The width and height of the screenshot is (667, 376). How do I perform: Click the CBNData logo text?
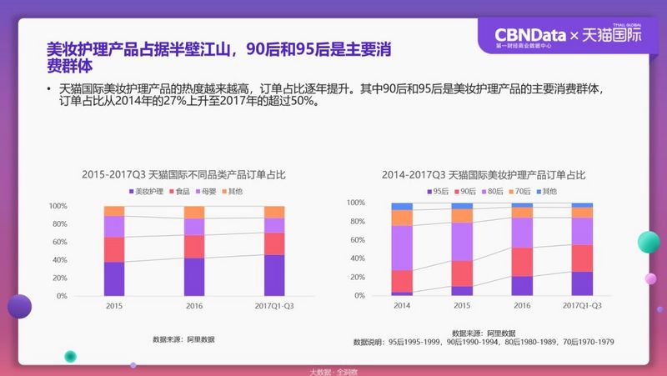click(x=529, y=34)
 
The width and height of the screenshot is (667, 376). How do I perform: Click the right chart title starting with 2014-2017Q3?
click(x=484, y=175)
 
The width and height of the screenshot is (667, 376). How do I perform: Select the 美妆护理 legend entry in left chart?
click(x=147, y=192)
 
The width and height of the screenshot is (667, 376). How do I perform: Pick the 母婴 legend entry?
click(x=208, y=192)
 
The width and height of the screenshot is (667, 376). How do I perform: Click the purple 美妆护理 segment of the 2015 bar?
click(x=114, y=278)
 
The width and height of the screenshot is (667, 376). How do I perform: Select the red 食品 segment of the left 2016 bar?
click(x=194, y=247)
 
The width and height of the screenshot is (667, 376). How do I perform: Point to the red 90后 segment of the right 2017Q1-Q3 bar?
click(x=583, y=258)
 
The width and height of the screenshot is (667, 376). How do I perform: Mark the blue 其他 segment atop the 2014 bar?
click(x=402, y=206)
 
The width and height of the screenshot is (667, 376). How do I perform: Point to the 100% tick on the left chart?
click(x=58, y=206)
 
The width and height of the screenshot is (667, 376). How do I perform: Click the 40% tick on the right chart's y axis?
click(x=355, y=258)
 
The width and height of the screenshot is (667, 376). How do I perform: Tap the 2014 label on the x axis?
click(x=402, y=306)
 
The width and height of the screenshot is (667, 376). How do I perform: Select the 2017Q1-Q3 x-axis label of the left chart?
click(x=274, y=306)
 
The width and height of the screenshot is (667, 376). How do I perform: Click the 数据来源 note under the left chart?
click(x=183, y=339)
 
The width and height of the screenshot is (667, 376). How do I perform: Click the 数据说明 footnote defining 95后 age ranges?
click(x=484, y=342)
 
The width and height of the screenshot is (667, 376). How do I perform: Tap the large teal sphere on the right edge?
click(x=649, y=243)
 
